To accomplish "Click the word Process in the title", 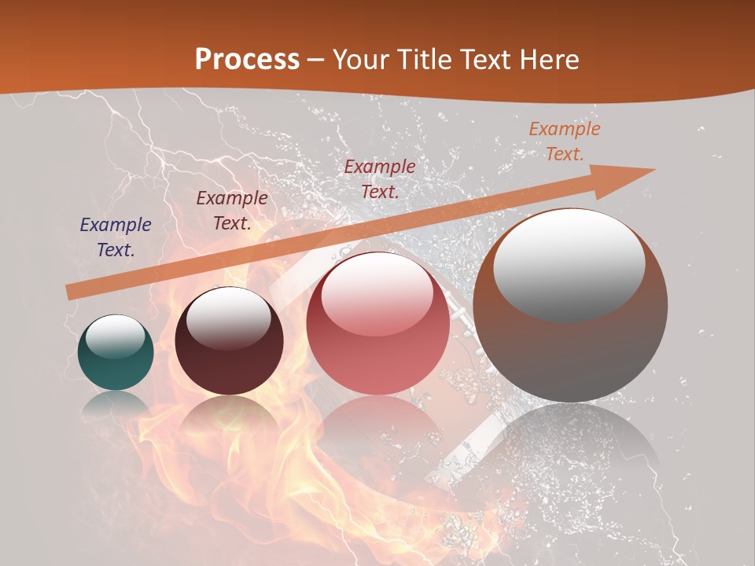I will coord(247,60).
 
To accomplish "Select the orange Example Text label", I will coord(564,141).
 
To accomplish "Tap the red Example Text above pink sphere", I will coord(380,178).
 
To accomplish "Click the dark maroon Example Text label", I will coord(231,210).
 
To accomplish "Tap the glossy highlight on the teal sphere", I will coord(115,336).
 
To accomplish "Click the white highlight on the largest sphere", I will coord(569,263).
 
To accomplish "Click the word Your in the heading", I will coord(361,60).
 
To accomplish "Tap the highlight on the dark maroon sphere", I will coord(228,319).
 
